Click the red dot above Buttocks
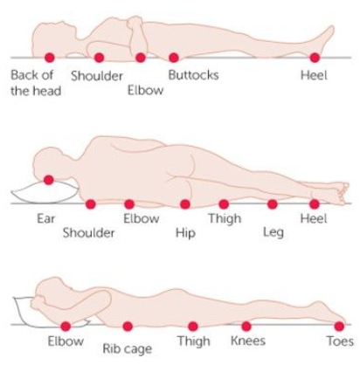click(x=174, y=58)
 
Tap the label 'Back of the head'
click(x=36, y=83)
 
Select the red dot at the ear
click(x=49, y=180)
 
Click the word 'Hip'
click(x=185, y=233)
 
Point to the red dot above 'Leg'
click(x=273, y=204)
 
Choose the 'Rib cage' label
click(x=128, y=349)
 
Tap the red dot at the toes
click(x=339, y=327)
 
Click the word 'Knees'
click(x=248, y=341)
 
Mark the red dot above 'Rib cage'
click(x=128, y=327)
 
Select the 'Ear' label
click(x=45, y=218)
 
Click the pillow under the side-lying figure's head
click(x=45, y=192)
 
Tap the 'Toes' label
click(x=340, y=341)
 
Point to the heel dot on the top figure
click(x=315, y=58)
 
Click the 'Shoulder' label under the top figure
click(x=97, y=76)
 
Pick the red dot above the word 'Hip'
click(x=185, y=204)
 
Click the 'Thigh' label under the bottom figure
click(x=194, y=341)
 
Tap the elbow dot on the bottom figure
click(x=66, y=327)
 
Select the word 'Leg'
click(x=273, y=232)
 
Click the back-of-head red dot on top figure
click(x=50, y=58)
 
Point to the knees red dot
click(x=246, y=327)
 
